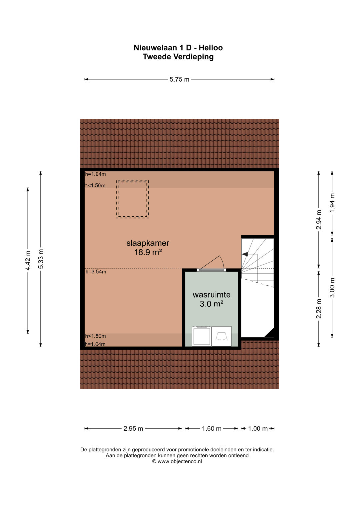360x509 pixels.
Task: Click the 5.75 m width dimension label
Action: click(179, 80)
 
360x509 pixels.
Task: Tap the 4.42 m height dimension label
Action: click(28, 260)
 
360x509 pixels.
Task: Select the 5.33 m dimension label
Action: click(41, 259)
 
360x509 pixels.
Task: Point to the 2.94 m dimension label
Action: click(319, 220)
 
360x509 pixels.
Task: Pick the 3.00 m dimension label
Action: click(332, 287)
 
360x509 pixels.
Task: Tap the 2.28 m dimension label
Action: click(319, 309)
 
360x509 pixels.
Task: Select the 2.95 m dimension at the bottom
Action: click(133, 429)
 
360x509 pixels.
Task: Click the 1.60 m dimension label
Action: click(212, 429)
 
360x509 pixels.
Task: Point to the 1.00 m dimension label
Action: click(258, 429)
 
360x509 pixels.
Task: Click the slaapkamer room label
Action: click(148, 243)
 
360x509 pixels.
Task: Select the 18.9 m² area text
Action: click(148, 252)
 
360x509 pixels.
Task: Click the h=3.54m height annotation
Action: click(96, 272)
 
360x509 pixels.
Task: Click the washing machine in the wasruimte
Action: click(202, 336)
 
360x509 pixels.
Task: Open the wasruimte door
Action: click(212, 270)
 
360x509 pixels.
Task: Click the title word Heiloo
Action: click(211, 48)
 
